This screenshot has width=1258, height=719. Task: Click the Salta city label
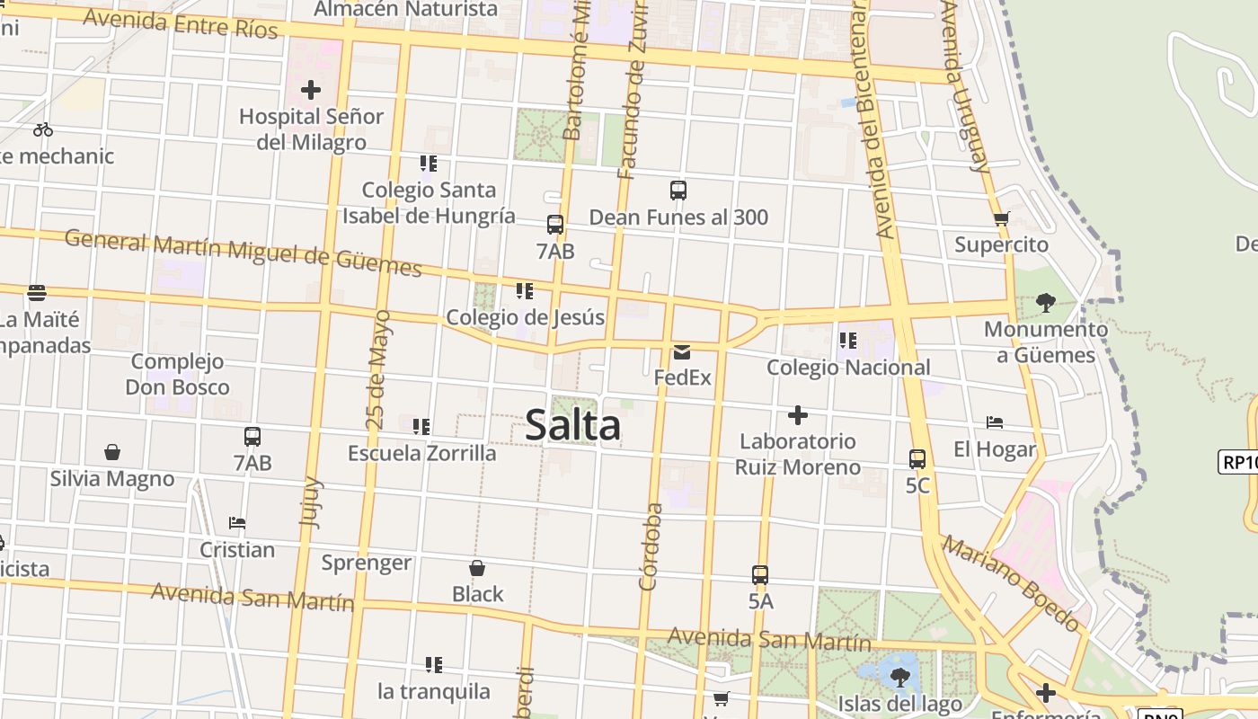pyautogui.click(x=572, y=425)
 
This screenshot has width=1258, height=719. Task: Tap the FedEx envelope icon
pyautogui.click(x=682, y=351)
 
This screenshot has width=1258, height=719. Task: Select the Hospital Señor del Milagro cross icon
pyautogui.click(x=311, y=90)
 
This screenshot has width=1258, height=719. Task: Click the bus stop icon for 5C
pyautogui.click(x=917, y=459)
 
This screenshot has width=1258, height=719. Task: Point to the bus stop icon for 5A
pyautogui.click(x=760, y=574)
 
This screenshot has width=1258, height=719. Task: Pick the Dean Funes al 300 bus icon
pyautogui.click(x=678, y=191)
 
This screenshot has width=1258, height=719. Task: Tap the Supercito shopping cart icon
pyautogui.click(x=1002, y=218)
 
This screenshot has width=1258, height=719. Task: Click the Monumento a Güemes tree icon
pyautogui.click(x=1045, y=302)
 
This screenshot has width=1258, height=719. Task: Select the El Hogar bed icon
pyautogui.click(x=995, y=422)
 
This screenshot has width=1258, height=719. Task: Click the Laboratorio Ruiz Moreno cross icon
pyautogui.click(x=797, y=415)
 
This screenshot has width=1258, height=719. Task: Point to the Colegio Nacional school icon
pyautogui.click(x=847, y=341)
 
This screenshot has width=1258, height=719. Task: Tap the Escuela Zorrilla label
pyautogui.click(x=421, y=453)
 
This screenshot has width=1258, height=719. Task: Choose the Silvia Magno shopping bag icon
pyautogui.click(x=112, y=451)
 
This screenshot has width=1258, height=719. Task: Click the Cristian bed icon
pyautogui.click(x=237, y=522)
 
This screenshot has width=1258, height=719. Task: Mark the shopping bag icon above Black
pyautogui.click(x=477, y=568)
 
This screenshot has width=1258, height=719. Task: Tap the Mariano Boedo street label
pyautogui.click(x=1011, y=583)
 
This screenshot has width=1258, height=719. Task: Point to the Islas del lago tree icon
pyautogui.click(x=899, y=676)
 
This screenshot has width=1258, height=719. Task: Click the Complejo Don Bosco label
pyautogui.click(x=177, y=375)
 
